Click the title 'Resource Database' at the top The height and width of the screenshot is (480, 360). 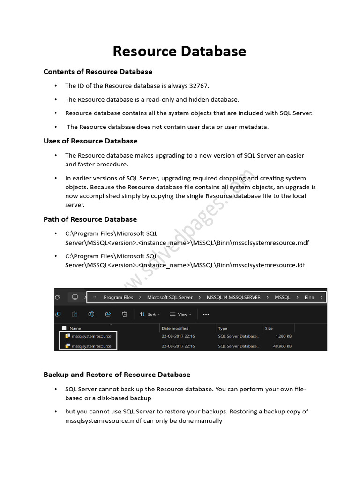click(180, 51)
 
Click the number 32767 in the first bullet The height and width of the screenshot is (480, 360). click(199, 86)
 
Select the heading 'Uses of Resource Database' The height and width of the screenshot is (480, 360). click(90, 141)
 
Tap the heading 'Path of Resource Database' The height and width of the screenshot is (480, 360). click(90, 219)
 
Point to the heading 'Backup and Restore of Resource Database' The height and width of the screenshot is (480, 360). click(117, 375)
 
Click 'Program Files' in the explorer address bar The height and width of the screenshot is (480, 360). click(118, 297)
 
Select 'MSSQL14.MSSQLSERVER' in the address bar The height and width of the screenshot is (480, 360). click(233, 297)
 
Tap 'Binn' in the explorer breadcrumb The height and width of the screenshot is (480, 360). click(309, 297)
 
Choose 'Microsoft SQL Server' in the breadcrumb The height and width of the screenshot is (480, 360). click(170, 297)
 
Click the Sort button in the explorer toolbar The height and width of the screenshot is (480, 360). click(150, 314)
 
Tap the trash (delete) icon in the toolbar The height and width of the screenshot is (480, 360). click(125, 314)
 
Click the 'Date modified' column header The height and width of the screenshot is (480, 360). click(175, 328)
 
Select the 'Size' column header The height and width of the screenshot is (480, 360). click(269, 328)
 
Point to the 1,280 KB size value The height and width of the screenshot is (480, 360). click(284, 336)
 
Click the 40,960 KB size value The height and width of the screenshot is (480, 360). click(283, 346)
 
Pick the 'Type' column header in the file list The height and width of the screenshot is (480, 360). click(223, 328)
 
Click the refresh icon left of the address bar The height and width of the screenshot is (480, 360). click(57, 297)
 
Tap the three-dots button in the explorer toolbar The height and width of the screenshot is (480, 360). click(206, 314)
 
